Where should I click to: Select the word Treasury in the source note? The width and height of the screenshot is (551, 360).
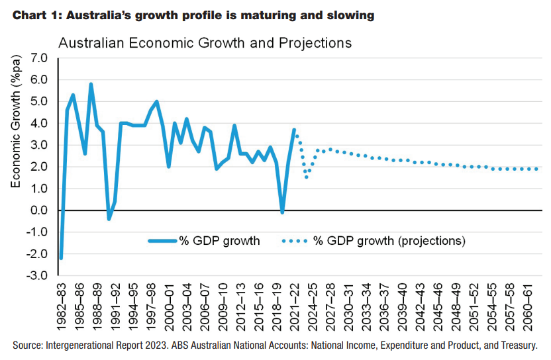(514, 345)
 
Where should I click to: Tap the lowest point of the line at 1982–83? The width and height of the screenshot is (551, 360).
(61, 258)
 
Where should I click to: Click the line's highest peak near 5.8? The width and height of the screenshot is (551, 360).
(91, 84)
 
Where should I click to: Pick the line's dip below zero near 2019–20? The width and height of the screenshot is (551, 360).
(282, 212)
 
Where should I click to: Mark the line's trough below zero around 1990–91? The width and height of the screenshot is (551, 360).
(109, 219)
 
